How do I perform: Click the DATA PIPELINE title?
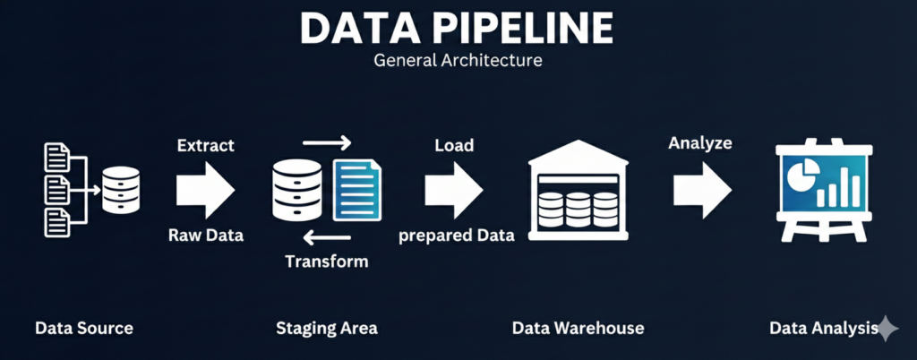[458, 30]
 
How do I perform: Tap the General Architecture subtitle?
[458, 63]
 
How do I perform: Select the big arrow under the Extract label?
[205, 189]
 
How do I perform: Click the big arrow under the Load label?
[454, 189]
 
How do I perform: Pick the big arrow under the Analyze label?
[703, 189]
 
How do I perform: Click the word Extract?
[207, 144]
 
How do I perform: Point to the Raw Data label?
[205, 236]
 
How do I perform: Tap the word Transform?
[326, 261]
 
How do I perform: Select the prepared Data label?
[456, 236]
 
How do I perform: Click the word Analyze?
[700, 142]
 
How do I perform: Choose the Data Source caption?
[84, 328]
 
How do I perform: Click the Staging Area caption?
[327, 328]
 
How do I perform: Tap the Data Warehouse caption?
[578, 328]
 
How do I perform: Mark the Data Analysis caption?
[822, 328]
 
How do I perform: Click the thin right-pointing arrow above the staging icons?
[327, 142]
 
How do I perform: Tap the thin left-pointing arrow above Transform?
[327, 236]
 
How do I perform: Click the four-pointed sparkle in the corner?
[887, 329]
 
